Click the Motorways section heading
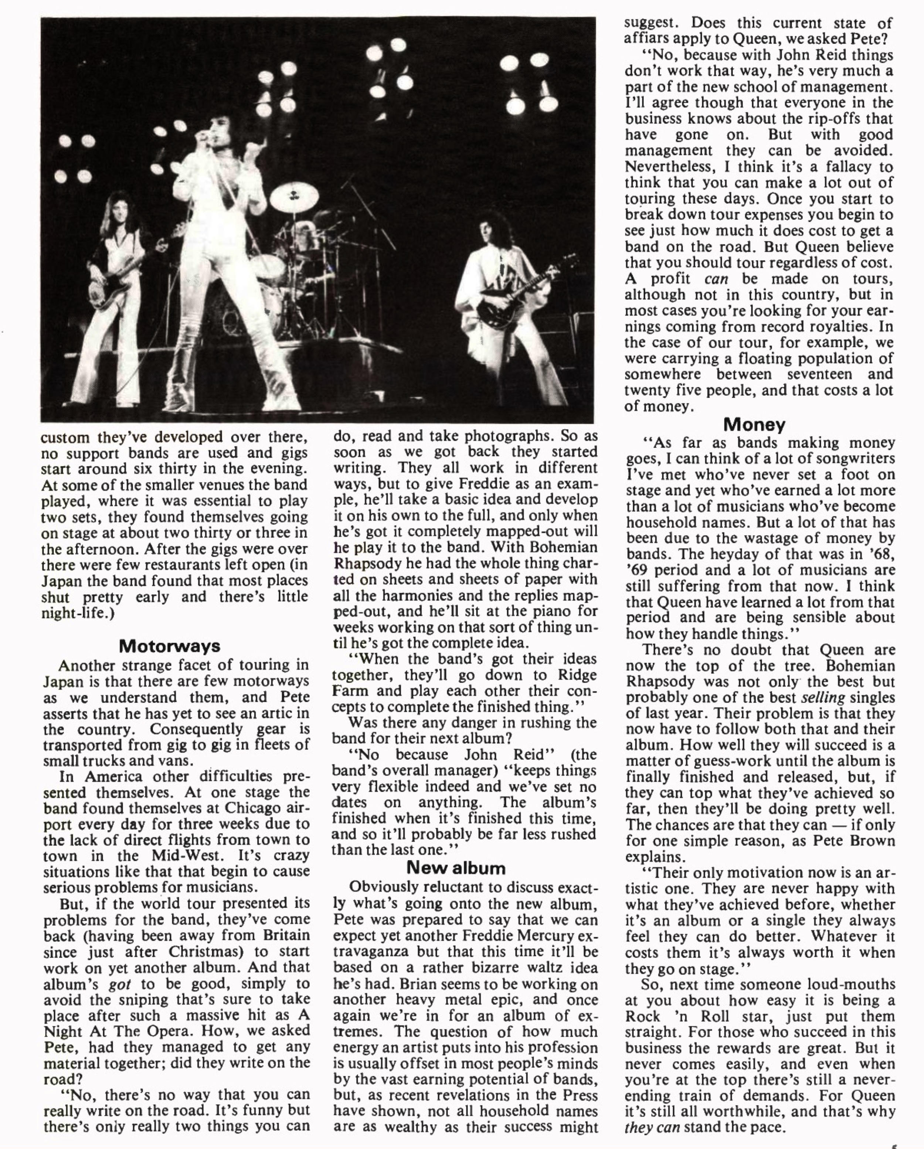[x=169, y=646]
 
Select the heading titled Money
[x=755, y=425]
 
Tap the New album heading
[x=456, y=868]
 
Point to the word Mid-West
[x=189, y=856]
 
